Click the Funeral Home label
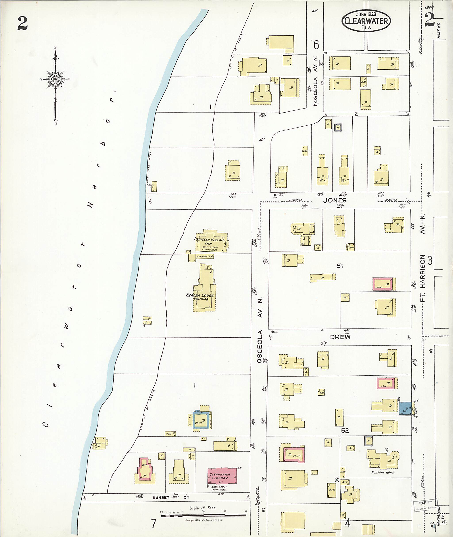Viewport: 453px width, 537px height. (382, 472)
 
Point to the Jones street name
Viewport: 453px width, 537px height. (335, 201)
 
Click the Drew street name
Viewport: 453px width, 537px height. (340, 337)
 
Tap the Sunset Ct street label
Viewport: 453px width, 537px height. (171, 497)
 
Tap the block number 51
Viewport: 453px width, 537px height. (340, 266)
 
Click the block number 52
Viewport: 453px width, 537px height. (345, 430)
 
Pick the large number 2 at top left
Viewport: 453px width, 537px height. (23, 23)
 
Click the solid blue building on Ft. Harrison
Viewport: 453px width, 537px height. (405, 408)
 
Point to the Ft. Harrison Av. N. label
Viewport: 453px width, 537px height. (422, 257)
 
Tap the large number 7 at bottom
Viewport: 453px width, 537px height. (153, 524)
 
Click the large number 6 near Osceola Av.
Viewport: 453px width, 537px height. (316, 45)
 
